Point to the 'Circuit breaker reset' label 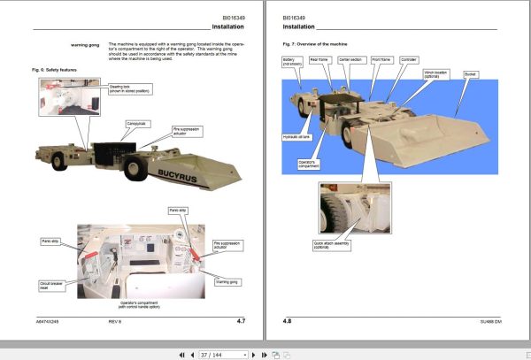click(x=50, y=287)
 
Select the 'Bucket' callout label click(x=470, y=74)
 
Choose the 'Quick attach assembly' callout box click(x=329, y=244)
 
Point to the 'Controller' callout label click(x=408, y=59)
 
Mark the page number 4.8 click(x=287, y=320)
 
